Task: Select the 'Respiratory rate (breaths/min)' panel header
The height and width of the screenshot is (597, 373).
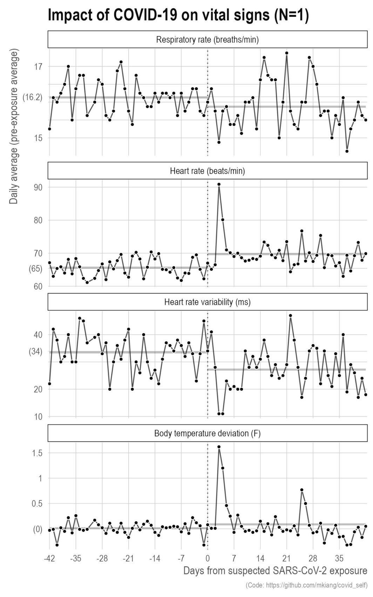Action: click(207, 40)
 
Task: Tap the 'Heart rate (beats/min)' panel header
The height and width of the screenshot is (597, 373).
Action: click(207, 171)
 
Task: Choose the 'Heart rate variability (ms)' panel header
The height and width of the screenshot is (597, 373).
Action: click(207, 302)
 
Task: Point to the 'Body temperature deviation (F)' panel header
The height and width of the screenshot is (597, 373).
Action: click(207, 433)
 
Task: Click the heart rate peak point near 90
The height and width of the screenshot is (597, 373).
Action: click(219, 184)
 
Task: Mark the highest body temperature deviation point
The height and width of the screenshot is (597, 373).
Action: click(219, 447)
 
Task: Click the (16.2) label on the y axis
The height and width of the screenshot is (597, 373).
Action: click(32, 98)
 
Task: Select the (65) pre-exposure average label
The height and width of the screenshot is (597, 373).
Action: click(35, 269)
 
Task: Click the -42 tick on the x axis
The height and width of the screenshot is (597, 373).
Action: click(49, 558)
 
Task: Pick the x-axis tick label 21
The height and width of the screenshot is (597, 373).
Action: click(287, 558)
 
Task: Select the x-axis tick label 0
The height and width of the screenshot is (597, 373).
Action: click(208, 558)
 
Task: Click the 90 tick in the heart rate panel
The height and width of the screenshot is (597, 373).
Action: click(38, 187)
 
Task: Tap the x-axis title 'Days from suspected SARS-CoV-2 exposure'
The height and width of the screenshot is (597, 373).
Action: click(275, 571)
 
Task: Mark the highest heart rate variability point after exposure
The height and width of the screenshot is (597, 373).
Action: click(290, 315)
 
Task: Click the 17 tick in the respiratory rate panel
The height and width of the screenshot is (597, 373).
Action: click(38, 67)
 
